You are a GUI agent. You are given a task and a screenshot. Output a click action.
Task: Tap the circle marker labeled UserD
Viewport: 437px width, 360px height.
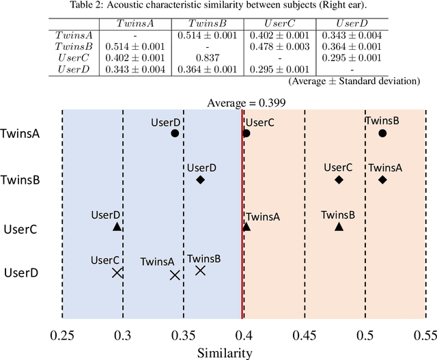tap(175, 134)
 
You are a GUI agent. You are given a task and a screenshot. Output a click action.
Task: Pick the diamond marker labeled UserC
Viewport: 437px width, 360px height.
tap(339, 180)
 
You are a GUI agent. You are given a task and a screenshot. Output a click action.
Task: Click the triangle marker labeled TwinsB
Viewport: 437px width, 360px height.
tap(339, 226)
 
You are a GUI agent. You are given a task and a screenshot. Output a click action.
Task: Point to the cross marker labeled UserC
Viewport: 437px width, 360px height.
tap(117, 273)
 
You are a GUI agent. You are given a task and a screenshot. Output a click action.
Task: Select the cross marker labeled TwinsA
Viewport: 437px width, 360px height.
tap(175, 275)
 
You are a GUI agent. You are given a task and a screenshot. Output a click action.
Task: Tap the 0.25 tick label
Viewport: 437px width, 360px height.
tap(62, 335)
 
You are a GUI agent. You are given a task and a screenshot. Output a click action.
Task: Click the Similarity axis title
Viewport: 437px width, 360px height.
tap(225, 352)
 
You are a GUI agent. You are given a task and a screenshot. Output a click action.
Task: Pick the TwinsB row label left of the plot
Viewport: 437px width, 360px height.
tap(24, 181)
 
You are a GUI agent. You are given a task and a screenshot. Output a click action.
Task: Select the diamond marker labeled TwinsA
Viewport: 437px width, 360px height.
tap(382, 180)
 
